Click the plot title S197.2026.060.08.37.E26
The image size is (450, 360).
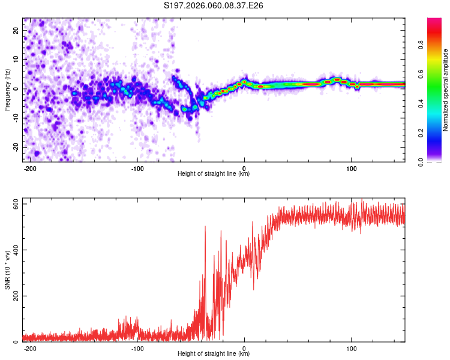[214, 5]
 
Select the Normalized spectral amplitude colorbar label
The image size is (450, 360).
[445, 90]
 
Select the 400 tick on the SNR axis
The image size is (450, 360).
[15, 250]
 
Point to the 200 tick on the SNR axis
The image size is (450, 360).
[15, 296]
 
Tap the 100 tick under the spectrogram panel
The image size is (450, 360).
[351, 168]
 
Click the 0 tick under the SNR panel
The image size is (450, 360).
[244, 348]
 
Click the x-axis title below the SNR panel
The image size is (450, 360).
[214, 354]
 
